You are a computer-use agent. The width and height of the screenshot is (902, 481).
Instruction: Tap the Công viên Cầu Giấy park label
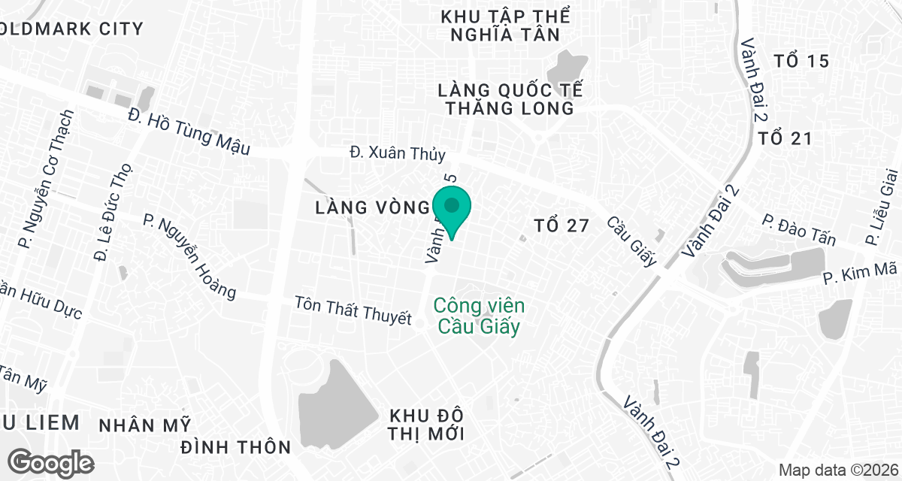pyautogui.click(x=479, y=316)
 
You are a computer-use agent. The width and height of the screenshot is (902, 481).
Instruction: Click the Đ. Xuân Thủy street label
pyautogui.click(x=398, y=153)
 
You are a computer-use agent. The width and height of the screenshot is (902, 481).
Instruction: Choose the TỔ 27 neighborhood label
pyautogui.click(x=560, y=225)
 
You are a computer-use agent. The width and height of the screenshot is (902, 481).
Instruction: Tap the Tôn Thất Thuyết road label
pyautogui.click(x=353, y=310)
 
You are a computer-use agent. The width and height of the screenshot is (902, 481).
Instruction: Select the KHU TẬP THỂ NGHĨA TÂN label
pyautogui.click(x=506, y=26)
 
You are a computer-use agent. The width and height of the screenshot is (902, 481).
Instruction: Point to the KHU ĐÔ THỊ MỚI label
pyautogui.click(x=427, y=425)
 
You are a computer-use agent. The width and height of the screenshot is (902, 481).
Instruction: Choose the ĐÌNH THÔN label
pyautogui.click(x=236, y=447)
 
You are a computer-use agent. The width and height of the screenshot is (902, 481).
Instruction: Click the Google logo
pyautogui.click(x=51, y=461)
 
